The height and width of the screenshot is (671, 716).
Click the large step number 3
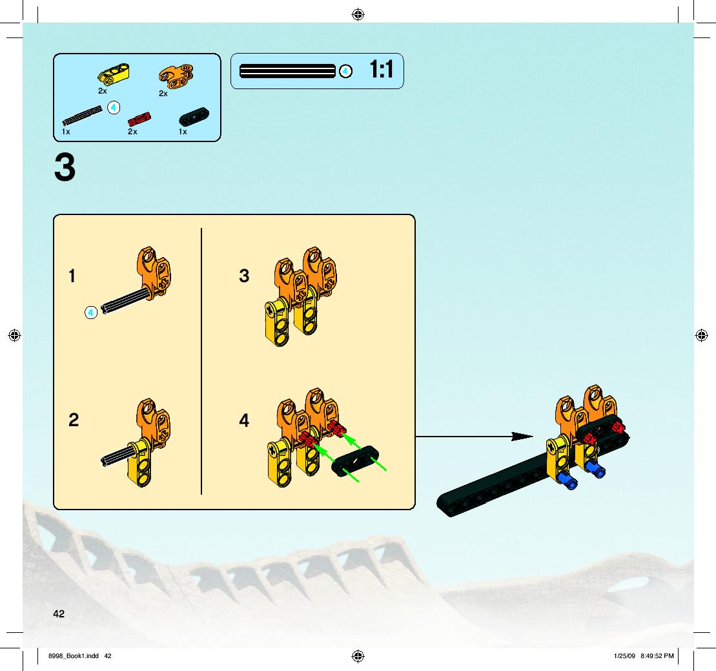(x=65, y=168)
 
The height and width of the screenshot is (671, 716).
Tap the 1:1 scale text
(x=382, y=70)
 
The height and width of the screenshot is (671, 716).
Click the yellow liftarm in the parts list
(x=113, y=74)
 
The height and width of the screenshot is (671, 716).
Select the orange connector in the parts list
(x=176, y=76)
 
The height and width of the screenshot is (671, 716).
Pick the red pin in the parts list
(x=139, y=119)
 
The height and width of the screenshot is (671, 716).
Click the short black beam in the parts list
(x=194, y=116)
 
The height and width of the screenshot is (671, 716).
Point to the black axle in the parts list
(x=82, y=115)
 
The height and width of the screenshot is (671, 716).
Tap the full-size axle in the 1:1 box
(x=287, y=71)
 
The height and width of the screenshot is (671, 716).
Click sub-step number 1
(x=72, y=276)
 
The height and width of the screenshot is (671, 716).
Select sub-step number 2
(x=74, y=420)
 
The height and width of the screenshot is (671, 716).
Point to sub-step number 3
(x=244, y=276)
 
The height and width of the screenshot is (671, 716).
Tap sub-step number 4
(x=244, y=420)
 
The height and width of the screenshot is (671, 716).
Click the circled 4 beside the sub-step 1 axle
(x=91, y=313)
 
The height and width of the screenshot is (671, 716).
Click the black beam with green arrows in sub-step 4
(x=355, y=461)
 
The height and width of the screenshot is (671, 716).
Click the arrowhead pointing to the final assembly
(x=522, y=437)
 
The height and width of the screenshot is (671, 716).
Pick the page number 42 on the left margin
(x=59, y=614)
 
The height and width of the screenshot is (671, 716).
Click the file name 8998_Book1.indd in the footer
(x=74, y=656)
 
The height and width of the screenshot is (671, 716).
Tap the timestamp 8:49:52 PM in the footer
(x=657, y=656)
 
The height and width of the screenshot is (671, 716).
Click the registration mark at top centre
(x=358, y=15)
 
